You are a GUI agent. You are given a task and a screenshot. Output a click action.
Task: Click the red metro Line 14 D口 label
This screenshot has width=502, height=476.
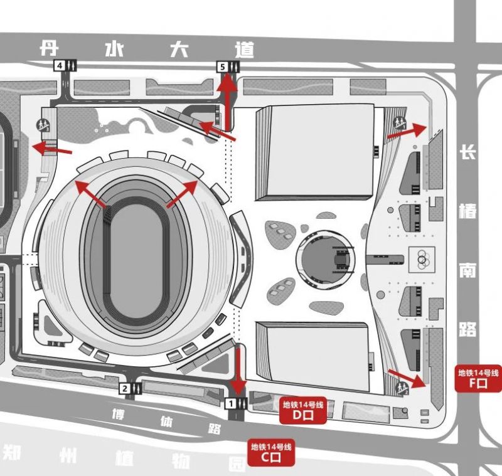303,410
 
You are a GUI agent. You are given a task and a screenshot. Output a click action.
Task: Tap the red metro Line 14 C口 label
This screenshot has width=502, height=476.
271,453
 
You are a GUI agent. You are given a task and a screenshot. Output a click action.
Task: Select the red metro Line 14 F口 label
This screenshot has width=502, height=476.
478,378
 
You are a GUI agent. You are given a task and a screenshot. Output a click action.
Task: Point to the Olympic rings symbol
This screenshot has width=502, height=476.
422,259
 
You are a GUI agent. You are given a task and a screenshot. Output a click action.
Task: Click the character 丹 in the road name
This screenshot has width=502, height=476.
49,48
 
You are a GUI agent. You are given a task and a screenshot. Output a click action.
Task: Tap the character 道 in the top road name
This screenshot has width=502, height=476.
245,50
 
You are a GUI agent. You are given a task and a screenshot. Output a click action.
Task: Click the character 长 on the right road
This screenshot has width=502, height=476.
467,152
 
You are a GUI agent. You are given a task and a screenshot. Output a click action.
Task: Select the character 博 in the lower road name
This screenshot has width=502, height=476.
119,415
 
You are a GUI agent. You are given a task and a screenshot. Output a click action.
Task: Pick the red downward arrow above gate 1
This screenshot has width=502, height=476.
238,371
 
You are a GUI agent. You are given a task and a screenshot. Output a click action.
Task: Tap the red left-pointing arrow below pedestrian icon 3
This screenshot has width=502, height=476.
52,149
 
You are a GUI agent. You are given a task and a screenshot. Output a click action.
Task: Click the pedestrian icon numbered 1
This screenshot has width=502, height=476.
400,123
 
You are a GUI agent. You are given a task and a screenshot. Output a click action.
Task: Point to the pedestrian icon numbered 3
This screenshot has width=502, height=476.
43,125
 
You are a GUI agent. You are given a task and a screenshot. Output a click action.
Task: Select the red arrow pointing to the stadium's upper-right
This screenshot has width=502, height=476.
182,194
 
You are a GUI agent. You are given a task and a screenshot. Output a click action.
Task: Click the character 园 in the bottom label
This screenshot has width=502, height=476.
238,463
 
